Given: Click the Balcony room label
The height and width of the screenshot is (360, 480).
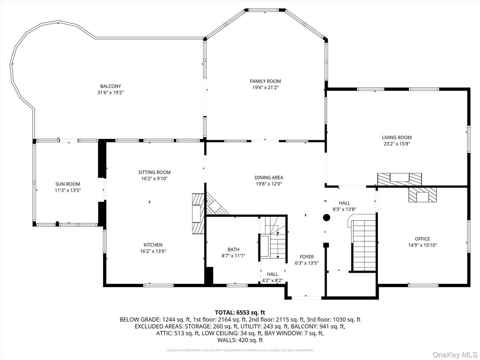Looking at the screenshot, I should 111,86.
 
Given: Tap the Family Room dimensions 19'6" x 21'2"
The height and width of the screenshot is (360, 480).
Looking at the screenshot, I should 265,88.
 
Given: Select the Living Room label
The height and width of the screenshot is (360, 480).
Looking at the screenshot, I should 397,137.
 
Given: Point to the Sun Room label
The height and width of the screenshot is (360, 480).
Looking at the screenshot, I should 68,184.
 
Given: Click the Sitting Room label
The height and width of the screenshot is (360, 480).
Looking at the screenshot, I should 154,172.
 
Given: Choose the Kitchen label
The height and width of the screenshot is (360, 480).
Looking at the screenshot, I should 153,245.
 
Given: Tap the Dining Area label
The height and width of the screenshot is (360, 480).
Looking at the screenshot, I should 269,177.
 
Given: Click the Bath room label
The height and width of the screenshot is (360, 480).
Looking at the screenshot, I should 233,249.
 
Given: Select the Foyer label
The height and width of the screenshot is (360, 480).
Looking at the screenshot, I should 307,257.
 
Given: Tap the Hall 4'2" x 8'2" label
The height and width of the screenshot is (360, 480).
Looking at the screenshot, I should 272,274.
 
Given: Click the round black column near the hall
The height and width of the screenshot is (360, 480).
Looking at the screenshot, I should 326,218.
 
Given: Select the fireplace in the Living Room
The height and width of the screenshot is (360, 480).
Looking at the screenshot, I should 400,179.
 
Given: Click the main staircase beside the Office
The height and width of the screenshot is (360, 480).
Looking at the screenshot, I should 364,244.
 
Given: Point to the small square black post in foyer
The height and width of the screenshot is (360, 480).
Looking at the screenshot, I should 326,245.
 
